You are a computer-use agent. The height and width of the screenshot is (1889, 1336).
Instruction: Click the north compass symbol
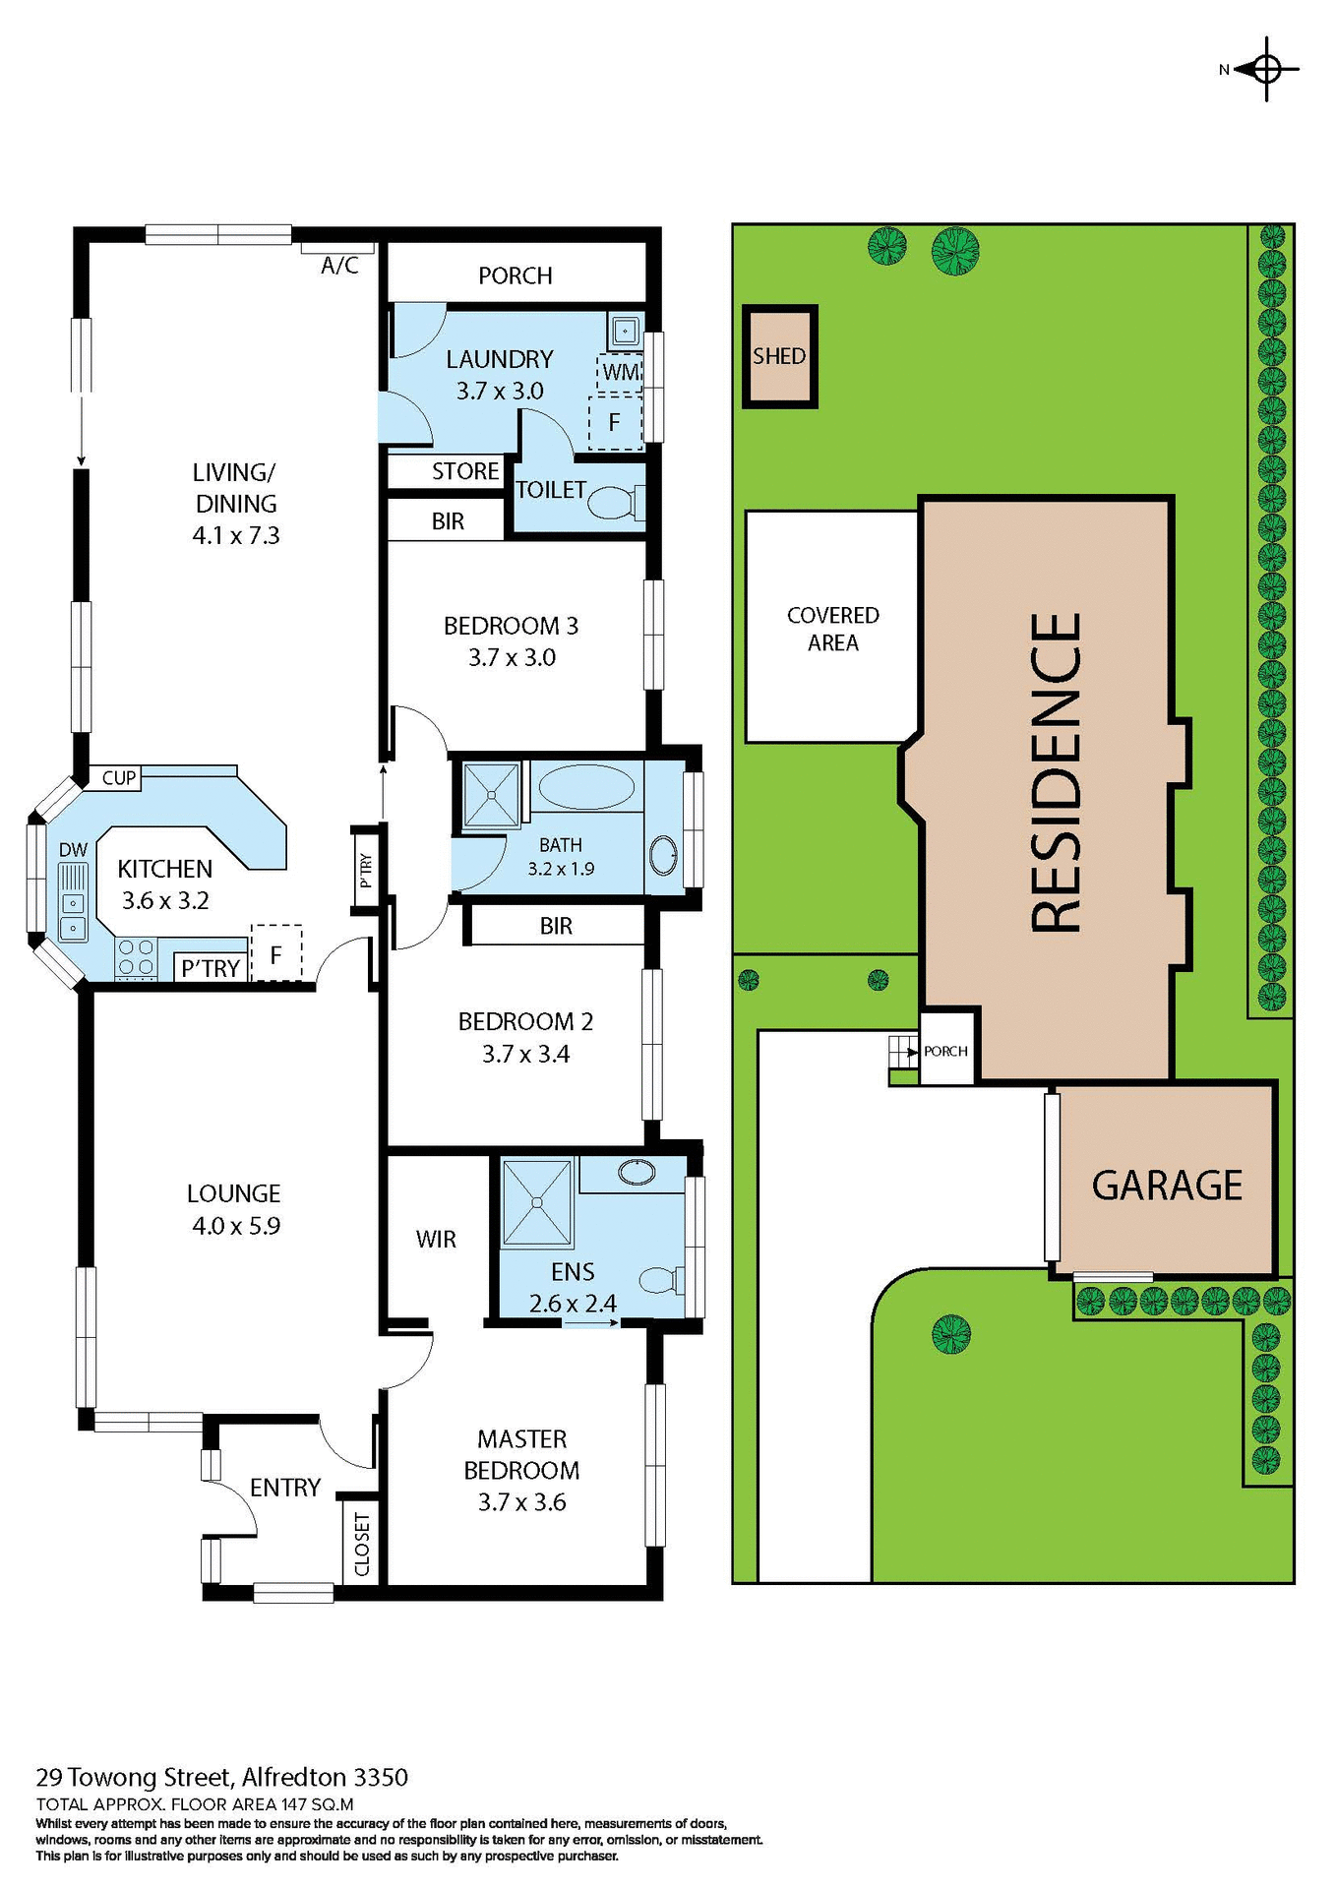tap(1265, 69)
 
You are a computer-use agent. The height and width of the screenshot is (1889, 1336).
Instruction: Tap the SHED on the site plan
tap(779, 356)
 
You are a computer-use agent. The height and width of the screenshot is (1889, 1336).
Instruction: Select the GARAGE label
tap(1167, 1186)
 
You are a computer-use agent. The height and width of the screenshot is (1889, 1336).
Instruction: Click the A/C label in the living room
tap(339, 266)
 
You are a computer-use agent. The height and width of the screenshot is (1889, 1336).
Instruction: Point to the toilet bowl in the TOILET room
tap(610, 504)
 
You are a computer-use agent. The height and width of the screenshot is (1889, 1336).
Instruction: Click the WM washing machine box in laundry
tap(620, 372)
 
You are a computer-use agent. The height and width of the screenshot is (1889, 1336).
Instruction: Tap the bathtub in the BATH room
tap(586, 787)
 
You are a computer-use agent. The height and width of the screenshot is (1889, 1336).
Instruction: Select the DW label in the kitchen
tap(73, 850)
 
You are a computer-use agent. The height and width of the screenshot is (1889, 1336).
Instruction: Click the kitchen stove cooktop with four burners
tap(136, 957)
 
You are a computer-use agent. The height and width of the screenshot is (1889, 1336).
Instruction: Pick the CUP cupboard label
tap(119, 778)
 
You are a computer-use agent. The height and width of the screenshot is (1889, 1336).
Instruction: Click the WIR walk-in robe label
tap(436, 1240)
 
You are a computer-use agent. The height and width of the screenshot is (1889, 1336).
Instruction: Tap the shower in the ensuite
tap(537, 1202)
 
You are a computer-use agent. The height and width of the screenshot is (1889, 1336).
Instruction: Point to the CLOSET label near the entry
tap(361, 1544)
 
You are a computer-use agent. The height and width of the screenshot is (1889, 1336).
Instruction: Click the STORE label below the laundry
tap(465, 471)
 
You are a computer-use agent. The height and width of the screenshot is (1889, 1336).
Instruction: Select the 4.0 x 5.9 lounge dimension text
tap(236, 1226)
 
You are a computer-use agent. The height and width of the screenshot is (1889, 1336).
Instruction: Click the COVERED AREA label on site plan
tap(832, 629)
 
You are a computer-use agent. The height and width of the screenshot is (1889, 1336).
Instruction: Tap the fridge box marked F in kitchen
tap(276, 953)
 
